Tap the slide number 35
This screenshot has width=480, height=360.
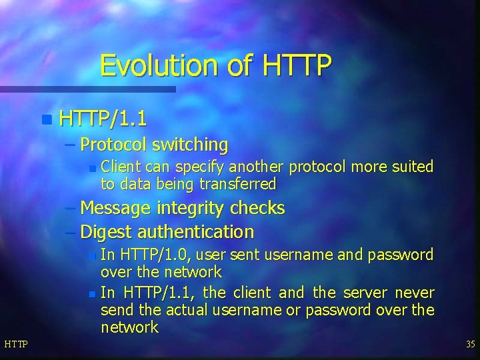(x=470, y=344)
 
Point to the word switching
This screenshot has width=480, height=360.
(x=190, y=144)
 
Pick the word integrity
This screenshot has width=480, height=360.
(x=191, y=208)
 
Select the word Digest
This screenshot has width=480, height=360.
(x=107, y=232)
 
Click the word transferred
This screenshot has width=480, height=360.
(x=234, y=184)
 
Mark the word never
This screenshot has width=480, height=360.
(x=414, y=293)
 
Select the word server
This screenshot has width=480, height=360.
(x=365, y=293)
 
